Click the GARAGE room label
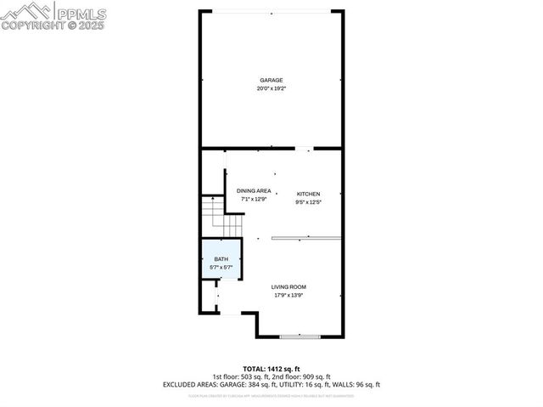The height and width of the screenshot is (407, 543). coord(271,80)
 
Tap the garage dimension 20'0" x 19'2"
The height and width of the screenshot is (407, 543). coord(271,88)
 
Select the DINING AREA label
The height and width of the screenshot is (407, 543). coord(254,191)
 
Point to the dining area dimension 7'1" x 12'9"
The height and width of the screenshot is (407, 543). coord(254,200)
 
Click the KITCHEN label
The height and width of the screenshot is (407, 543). coord(308,195)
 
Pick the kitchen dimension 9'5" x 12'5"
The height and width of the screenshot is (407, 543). coord(308,202)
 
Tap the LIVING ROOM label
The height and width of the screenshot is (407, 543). coord(289,287)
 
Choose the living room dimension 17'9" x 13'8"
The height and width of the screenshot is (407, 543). coord(289,296)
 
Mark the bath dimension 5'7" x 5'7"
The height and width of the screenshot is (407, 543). coord(221,268)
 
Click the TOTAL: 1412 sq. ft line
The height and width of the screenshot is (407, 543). coord(271,368)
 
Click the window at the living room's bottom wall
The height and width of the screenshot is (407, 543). coord(300,336)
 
